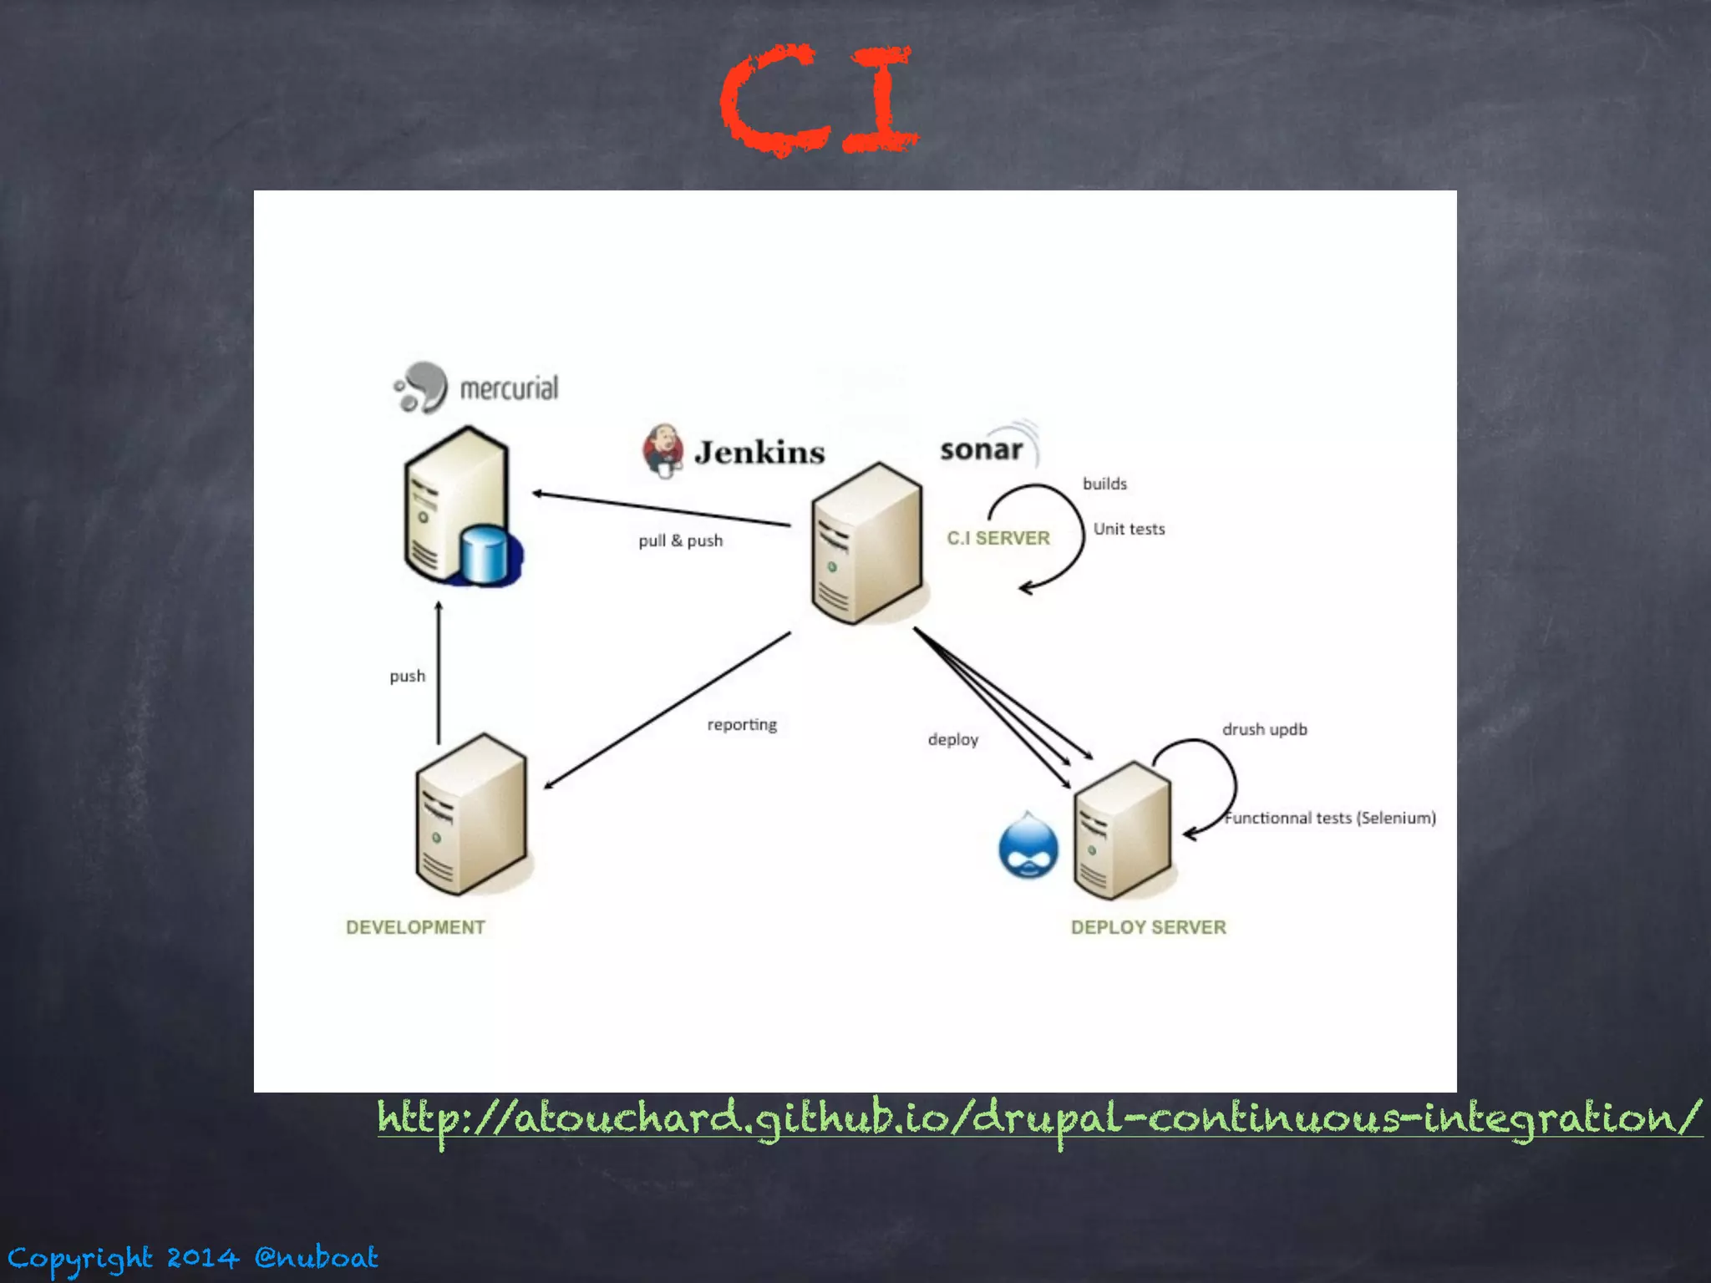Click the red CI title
tap(819, 100)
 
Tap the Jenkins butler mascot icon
tap(663, 450)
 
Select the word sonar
tap(982, 449)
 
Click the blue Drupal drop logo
tap(1028, 846)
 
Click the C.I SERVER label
tap(998, 538)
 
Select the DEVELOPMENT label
tap(415, 927)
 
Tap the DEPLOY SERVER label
tap(1149, 927)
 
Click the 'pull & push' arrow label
tap(681, 540)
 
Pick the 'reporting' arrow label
tap(742, 724)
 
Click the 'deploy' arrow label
tap(953, 739)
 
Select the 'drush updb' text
tap(1265, 729)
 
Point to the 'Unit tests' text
tap(1129, 529)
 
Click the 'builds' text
tap(1104, 484)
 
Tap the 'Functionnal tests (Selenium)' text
tap(1330, 818)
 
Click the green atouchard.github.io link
tap(1038, 1118)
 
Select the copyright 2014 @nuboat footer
tap(193, 1257)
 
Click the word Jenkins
tap(759, 452)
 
